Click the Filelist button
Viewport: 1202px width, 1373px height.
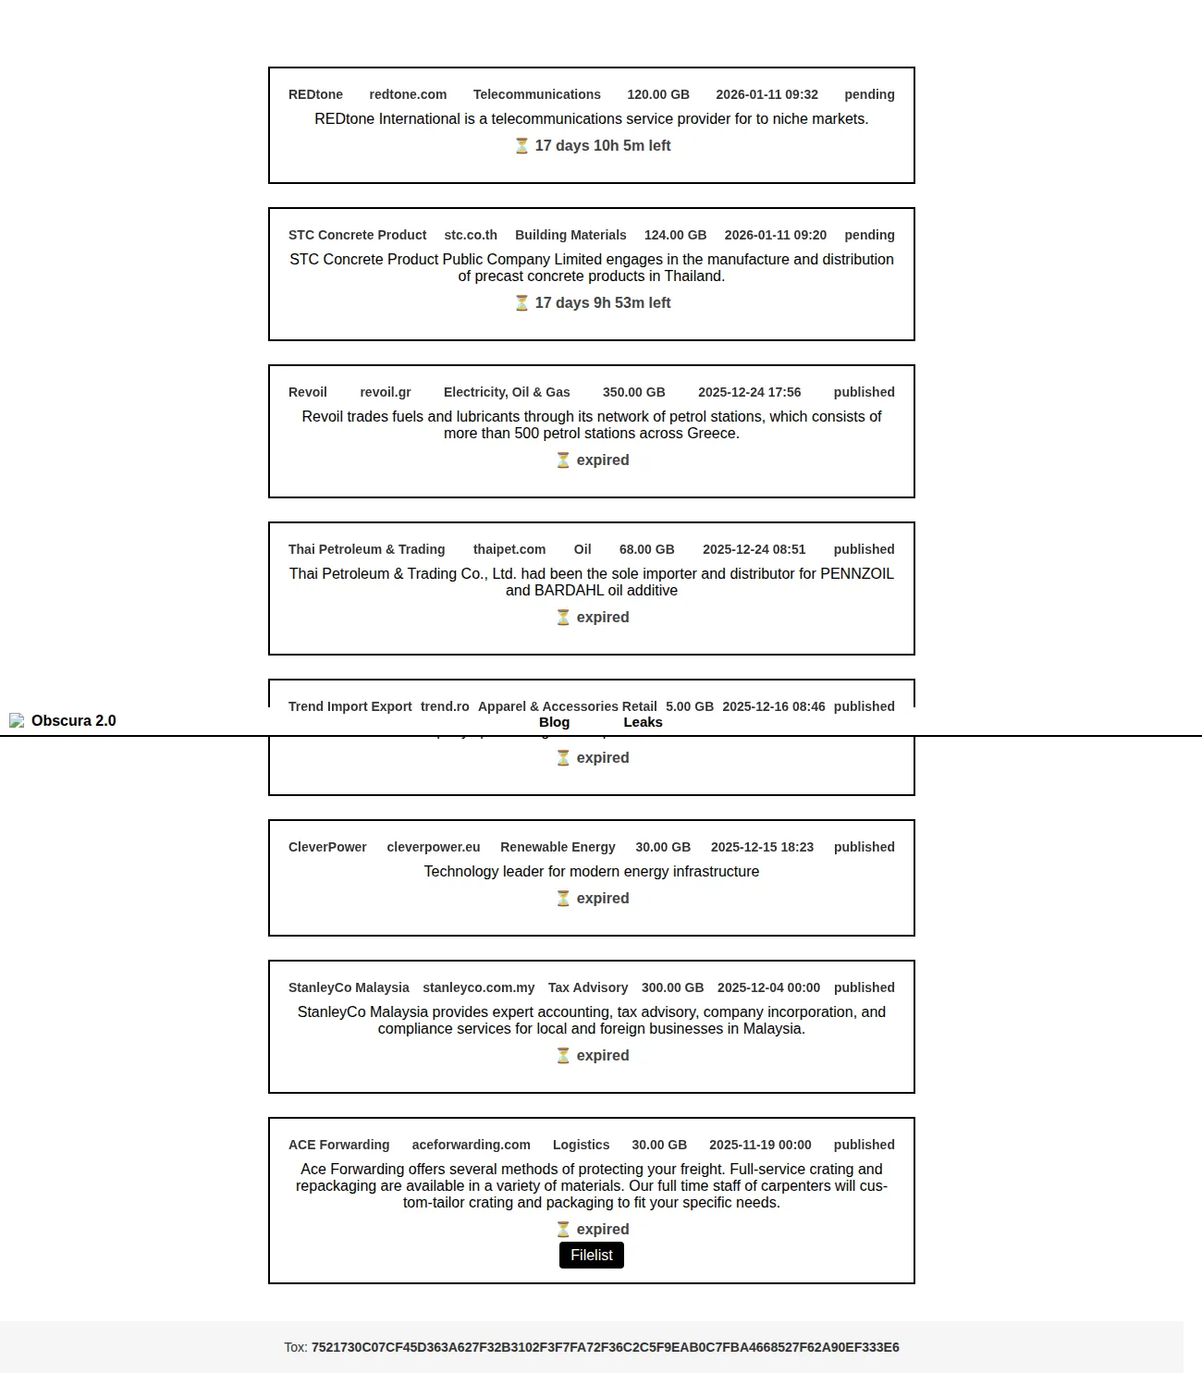[592, 1255]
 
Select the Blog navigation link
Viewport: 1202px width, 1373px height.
[554, 722]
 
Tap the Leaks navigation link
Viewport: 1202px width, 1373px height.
[643, 722]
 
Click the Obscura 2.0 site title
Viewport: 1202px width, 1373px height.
[74, 721]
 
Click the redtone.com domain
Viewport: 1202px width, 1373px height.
[408, 94]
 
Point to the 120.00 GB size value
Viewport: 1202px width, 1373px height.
[658, 94]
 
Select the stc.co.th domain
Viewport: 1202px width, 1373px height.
[471, 235]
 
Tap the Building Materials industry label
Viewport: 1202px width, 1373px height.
[570, 235]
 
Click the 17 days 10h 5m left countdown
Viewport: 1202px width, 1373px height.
[602, 145]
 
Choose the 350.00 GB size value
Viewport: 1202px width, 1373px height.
[633, 392]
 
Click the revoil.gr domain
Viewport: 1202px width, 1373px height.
[386, 392]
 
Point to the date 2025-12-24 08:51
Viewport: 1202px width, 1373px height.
[754, 549]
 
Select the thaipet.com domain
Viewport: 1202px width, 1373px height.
[509, 549]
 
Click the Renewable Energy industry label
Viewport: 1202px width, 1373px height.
[558, 847]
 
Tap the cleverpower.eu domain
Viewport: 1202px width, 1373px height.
[434, 847]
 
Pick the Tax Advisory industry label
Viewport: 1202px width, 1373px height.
[588, 987]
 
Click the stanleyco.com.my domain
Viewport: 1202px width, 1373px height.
[479, 987]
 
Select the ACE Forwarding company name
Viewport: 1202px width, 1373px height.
[339, 1145]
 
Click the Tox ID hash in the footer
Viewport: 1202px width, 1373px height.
[605, 1347]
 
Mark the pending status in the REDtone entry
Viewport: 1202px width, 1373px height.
[869, 94]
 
